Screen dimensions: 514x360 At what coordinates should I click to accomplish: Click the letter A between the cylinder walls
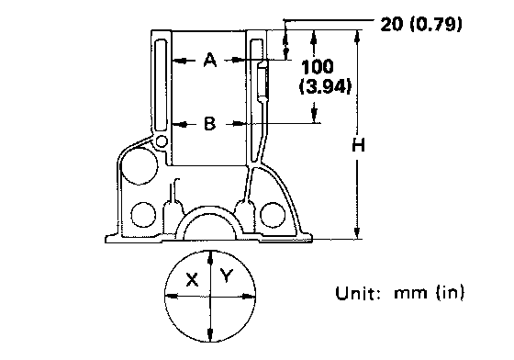[210, 60]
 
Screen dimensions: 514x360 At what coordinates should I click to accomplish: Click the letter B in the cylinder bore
[210, 124]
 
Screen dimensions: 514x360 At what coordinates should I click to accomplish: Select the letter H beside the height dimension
[358, 145]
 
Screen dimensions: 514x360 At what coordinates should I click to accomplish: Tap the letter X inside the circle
[192, 280]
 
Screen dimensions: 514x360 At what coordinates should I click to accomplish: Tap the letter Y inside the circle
[227, 276]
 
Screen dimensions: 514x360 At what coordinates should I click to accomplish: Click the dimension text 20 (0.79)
[421, 24]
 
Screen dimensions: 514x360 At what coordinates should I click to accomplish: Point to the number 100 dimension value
[318, 67]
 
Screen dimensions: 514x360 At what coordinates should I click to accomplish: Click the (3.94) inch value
[325, 86]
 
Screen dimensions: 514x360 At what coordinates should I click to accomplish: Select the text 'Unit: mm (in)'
[400, 292]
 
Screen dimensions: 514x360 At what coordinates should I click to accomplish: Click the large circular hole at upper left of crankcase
[140, 165]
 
